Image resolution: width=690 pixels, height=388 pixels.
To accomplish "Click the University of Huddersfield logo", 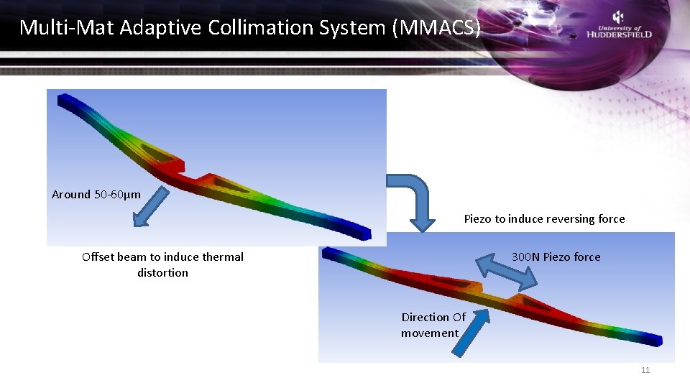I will point(619,25).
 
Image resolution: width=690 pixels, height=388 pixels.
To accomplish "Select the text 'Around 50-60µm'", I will point(96,194).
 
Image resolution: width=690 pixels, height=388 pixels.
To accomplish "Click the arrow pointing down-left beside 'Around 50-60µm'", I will point(149,207).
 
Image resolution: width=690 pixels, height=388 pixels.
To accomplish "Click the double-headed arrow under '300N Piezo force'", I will point(507,273).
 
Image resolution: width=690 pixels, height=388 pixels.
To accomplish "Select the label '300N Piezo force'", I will point(556,257).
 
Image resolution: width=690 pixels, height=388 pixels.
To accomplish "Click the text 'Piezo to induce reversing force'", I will point(544,218).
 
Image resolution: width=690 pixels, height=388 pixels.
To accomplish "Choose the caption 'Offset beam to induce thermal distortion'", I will point(162,264).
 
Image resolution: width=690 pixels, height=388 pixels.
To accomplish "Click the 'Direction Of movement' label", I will point(433,325).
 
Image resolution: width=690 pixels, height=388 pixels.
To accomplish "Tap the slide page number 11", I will point(645,370).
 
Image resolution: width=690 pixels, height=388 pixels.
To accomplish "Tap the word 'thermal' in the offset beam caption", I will point(223,257).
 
